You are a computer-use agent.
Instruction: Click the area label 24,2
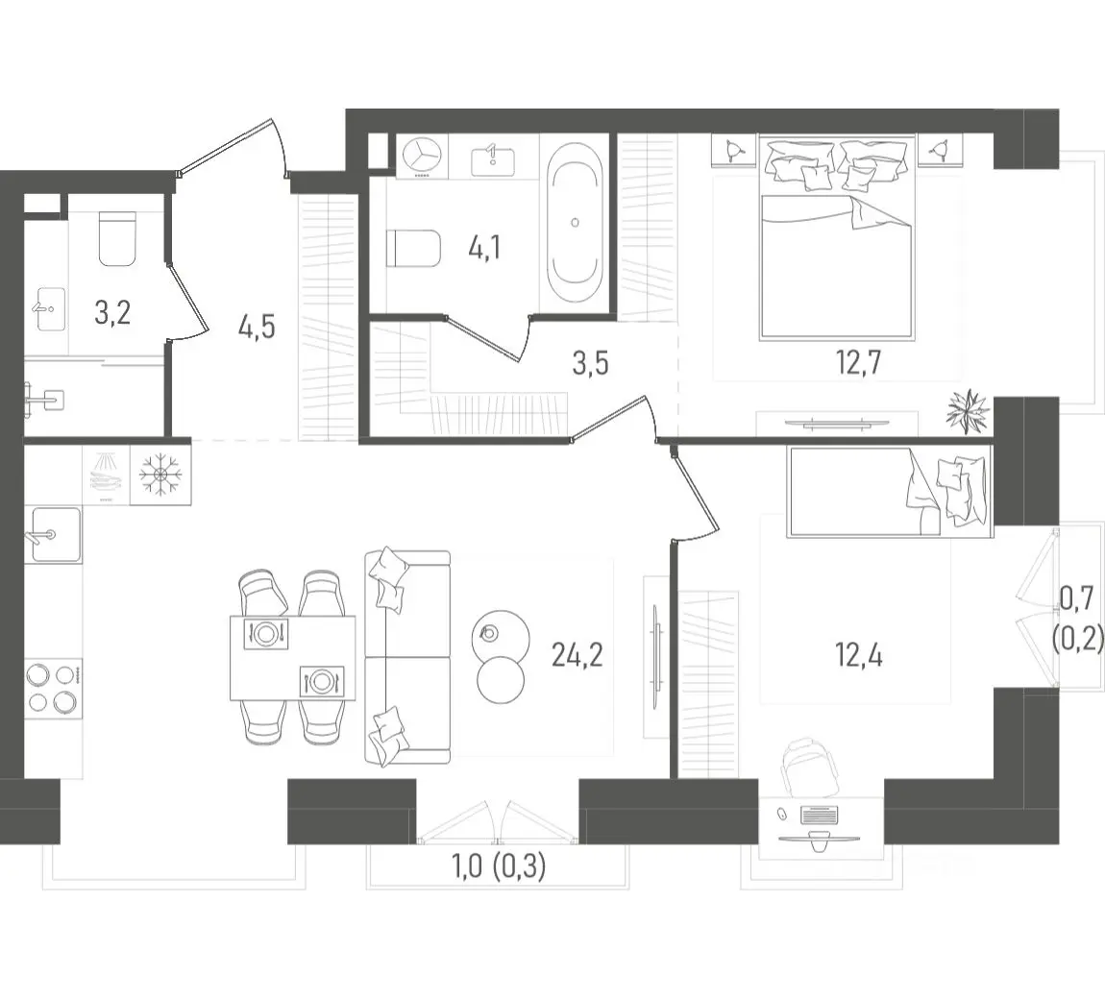point(577,657)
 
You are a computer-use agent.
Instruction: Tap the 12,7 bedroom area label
point(858,363)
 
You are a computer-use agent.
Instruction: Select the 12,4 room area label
point(858,655)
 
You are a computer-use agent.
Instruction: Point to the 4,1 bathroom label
point(485,249)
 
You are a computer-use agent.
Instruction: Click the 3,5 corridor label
point(590,364)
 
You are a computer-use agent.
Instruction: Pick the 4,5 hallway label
point(257,328)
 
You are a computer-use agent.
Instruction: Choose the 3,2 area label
point(112,313)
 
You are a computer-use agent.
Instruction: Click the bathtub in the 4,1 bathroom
point(575,223)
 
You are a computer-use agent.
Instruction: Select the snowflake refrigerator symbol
point(160,475)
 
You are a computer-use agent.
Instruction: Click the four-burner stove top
point(54,688)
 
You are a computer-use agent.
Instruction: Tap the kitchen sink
point(53,535)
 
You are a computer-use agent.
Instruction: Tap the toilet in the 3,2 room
point(117,238)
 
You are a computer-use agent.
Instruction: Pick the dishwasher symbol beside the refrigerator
point(107,475)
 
